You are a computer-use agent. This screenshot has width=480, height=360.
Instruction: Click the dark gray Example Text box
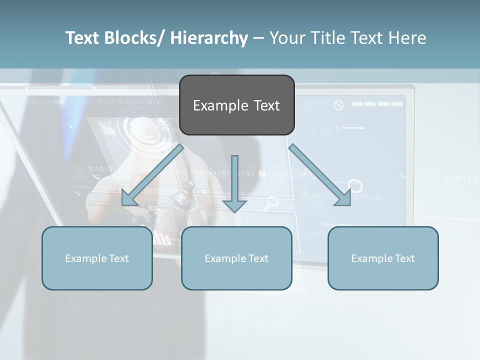pos(236,105)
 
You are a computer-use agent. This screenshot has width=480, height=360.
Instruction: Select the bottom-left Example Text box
pos(97,258)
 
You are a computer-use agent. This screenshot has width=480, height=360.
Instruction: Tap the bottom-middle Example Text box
pos(236,258)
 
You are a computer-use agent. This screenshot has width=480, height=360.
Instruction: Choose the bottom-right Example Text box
pos(383,258)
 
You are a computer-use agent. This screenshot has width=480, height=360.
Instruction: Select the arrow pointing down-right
pos(320,175)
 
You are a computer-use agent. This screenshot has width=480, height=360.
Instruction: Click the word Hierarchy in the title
pos(209,38)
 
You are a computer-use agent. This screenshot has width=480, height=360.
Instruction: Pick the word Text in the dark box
pos(266,105)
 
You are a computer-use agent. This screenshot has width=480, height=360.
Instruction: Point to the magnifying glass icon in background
pos(271,202)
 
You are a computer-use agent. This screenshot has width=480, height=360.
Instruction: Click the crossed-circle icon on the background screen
pos(339,105)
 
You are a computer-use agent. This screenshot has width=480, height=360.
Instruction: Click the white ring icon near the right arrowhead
pos(355,186)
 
